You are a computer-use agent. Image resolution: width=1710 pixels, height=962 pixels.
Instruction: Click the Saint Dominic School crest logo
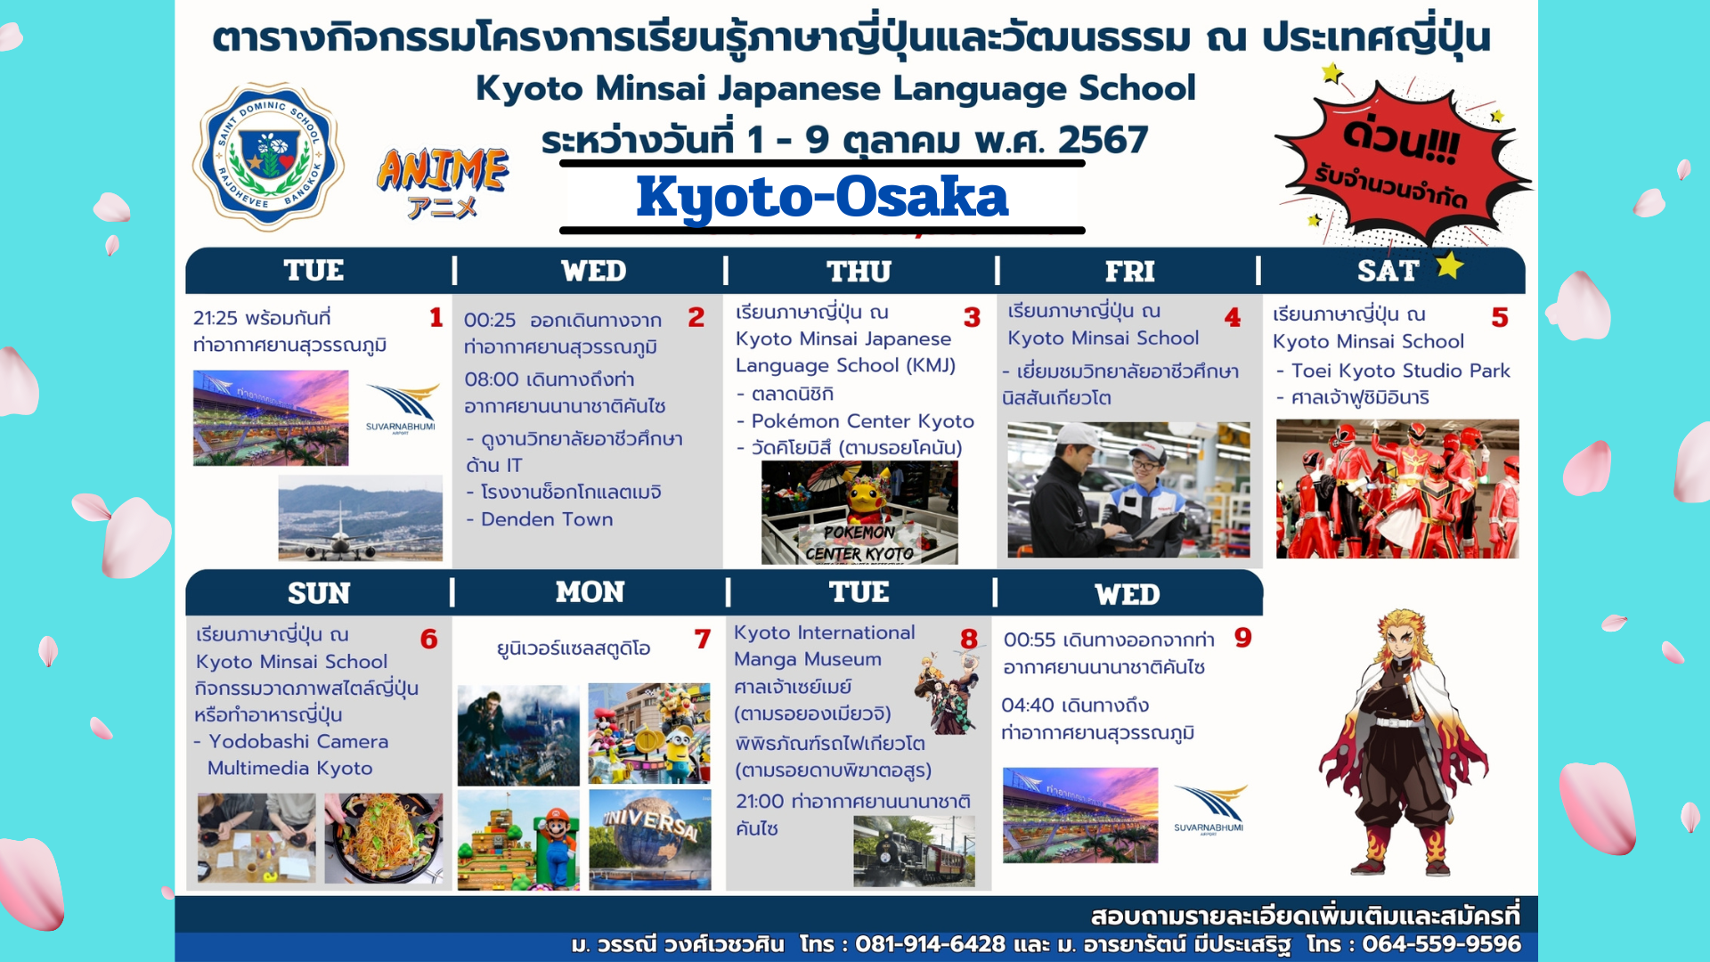(x=268, y=157)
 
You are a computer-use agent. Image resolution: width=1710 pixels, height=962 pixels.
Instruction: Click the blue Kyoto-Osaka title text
(x=822, y=197)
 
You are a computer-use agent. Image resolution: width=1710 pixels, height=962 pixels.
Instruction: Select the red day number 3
(x=972, y=317)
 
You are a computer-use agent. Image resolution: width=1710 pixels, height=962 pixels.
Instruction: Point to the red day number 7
(x=703, y=639)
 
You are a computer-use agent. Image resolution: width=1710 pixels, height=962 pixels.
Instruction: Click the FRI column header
(x=1129, y=271)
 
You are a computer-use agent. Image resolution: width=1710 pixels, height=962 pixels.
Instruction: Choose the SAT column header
(x=1388, y=271)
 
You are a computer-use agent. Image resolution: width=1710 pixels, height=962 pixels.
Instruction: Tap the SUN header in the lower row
(x=319, y=593)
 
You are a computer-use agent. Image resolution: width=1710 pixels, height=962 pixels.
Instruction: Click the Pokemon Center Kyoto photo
(x=859, y=512)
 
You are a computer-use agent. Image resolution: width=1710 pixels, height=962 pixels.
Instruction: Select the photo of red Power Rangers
(x=1397, y=489)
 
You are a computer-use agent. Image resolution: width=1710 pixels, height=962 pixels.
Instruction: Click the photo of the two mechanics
(x=1128, y=490)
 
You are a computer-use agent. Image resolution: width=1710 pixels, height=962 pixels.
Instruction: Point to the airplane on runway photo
(x=360, y=518)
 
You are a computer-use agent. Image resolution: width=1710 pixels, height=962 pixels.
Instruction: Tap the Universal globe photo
(x=650, y=839)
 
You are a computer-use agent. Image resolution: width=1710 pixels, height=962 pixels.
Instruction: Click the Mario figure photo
(x=518, y=839)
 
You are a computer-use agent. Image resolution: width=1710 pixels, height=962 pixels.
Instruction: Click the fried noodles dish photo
(x=384, y=838)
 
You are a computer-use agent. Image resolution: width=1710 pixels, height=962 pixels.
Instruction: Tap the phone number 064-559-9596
(x=1441, y=944)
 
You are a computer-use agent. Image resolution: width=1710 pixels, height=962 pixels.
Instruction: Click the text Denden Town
(x=547, y=519)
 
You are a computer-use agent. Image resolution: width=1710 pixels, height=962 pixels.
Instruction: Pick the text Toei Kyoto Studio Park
(x=1401, y=371)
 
